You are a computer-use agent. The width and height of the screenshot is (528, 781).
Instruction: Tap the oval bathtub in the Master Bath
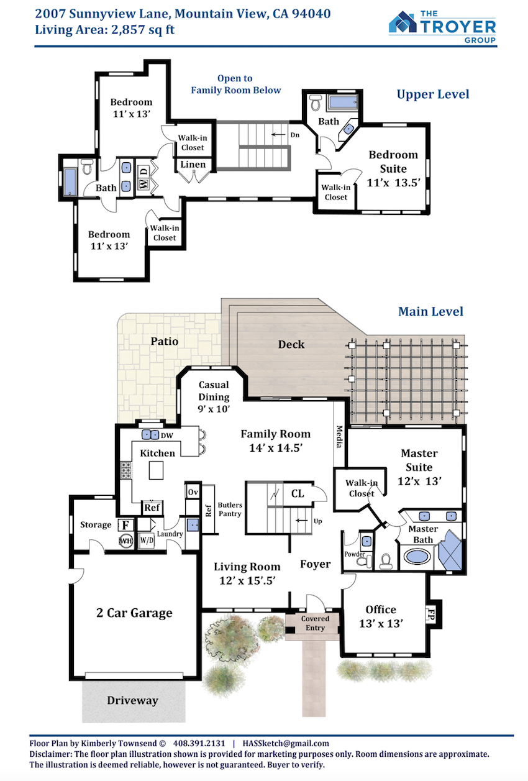(416, 557)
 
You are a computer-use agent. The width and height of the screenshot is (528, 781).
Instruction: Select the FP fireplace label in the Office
(430, 614)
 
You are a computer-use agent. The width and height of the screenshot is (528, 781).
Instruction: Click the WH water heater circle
(126, 541)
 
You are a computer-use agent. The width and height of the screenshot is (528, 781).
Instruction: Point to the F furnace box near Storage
(125, 525)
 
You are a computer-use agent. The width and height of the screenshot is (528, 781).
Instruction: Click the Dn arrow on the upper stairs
(278, 135)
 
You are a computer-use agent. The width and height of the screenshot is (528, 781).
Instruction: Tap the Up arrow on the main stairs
(302, 521)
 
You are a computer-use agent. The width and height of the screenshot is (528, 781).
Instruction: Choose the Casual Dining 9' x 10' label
(214, 397)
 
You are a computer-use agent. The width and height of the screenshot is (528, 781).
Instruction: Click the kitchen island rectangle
(156, 470)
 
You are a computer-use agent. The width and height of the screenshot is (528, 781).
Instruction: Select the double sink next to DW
(150, 435)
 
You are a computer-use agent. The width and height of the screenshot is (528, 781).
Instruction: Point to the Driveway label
(132, 700)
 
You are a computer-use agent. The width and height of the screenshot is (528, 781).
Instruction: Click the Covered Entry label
(315, 623)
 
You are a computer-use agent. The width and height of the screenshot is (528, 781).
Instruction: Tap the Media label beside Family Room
(339, 437)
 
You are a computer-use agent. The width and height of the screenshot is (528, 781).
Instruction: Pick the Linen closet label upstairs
(193, 164)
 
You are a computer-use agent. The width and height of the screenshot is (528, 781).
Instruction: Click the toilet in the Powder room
(364, 561)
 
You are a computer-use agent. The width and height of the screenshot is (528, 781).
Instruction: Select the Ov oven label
(193, 492)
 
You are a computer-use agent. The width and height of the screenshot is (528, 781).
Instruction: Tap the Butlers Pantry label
(230, 509)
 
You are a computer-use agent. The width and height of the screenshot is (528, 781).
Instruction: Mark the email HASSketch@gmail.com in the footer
(286, 744)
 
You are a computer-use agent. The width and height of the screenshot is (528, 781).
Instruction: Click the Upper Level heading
(433, 94)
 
